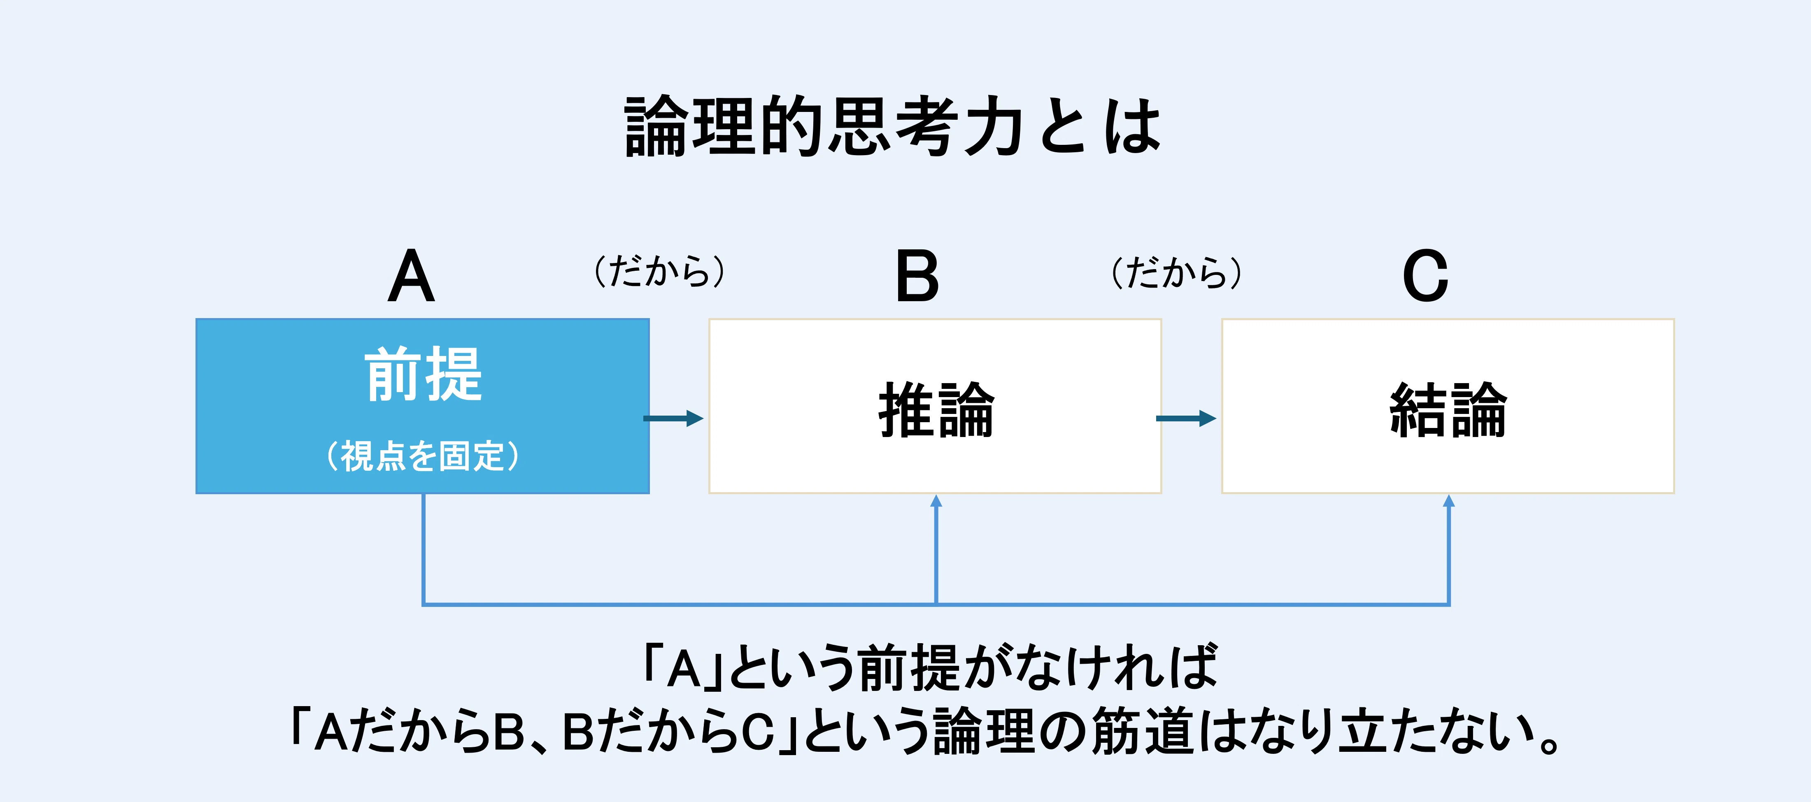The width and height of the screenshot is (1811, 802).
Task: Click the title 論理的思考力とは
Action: [893, 126]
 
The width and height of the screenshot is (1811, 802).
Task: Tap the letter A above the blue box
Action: [411, 276]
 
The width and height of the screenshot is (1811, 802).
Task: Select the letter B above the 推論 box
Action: [917, 276]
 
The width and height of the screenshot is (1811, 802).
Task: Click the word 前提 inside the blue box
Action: [423, 374]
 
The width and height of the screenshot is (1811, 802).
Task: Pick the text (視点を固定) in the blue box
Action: [423, 456]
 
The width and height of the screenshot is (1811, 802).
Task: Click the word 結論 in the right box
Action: [1448, 410]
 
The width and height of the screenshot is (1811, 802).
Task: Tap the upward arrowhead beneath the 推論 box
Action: [936, 501]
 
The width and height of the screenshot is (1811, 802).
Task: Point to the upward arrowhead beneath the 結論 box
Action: [1448, 501]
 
